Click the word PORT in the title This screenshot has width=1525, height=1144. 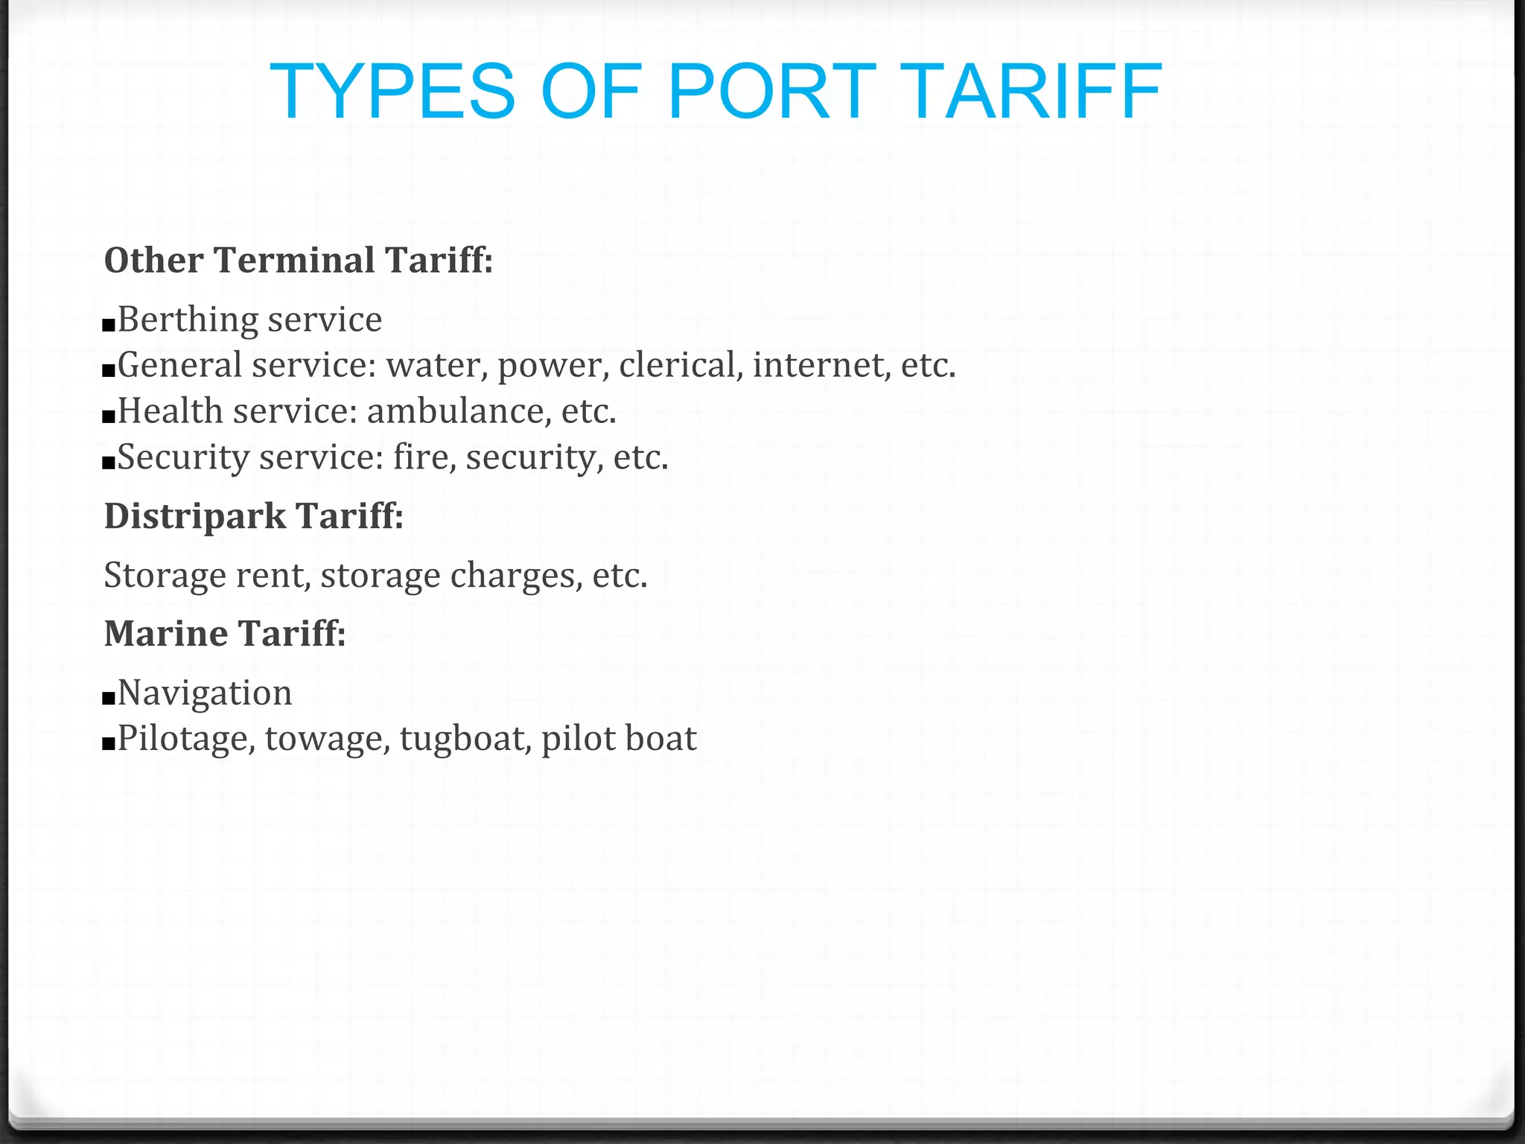tap(772, 92)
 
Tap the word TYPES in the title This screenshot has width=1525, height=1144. tap(392, 92)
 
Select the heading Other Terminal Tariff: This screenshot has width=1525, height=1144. tap(299, 261)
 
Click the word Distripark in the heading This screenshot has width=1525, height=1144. tap(195, 516)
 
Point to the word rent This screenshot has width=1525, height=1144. tap(273, 576)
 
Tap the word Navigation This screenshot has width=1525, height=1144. tap(205, 693)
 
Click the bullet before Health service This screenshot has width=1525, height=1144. tap(109, 416)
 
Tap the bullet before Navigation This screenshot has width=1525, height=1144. tap(109, 698)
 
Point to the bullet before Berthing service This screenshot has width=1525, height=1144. tap(109, 325)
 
